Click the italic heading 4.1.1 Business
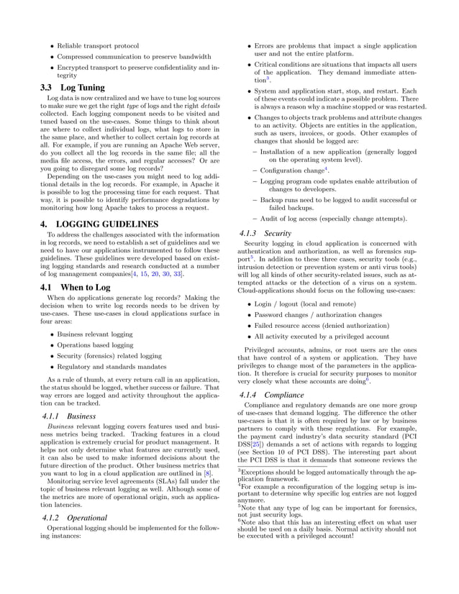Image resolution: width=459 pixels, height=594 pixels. (65, 416)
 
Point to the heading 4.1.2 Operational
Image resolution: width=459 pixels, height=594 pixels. (73, 517)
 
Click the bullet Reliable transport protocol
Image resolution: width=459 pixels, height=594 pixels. (98, 46)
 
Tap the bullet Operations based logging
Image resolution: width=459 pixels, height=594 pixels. (97, 344)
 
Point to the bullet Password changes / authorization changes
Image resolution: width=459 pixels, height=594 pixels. (318, 315)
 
